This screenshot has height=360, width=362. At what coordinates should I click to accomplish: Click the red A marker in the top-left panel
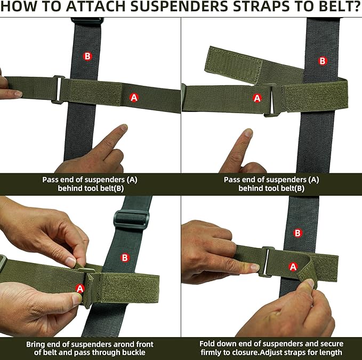(134, 98)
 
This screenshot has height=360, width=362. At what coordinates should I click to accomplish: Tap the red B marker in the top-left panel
(87, 56)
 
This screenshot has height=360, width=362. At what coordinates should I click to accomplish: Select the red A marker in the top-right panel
(257, 98)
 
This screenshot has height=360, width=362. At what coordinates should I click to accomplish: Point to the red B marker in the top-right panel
(323, 61)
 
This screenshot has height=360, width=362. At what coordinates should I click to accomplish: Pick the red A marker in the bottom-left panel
(80, 289)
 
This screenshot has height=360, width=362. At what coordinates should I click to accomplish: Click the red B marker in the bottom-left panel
(125, 258)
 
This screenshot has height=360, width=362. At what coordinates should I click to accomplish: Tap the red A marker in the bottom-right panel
(293, 267)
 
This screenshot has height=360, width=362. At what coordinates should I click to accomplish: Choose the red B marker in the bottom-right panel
(298, 233)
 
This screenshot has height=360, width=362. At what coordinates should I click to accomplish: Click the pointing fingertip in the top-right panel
(248, 133)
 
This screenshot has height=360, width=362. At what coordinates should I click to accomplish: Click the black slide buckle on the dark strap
(131, 219)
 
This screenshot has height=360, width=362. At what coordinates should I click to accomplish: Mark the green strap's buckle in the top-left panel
(59, 90)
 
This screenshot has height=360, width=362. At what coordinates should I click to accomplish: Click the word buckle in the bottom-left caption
(134, 353)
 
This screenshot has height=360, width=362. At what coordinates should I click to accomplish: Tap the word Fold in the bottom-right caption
(207, 344)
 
